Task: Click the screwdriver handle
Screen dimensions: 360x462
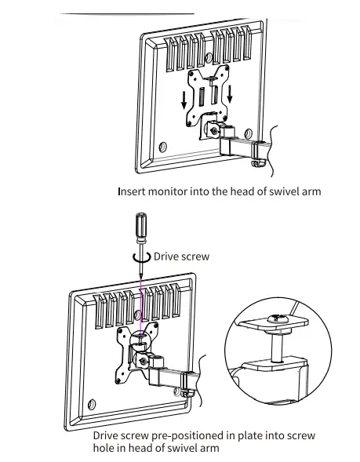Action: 141,225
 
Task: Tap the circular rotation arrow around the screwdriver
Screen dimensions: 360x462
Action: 142,258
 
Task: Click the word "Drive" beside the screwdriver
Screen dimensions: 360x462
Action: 165,256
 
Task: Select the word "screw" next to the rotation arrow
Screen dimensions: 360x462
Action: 195,257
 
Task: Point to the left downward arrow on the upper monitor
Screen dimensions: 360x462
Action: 184,100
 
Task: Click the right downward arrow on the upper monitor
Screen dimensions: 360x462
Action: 230,94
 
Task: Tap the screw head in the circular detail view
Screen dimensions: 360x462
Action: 276,318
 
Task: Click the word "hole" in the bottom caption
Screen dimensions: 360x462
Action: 104,448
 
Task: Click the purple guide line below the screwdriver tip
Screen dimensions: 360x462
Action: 141,307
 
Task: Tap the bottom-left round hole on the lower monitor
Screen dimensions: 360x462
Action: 92,404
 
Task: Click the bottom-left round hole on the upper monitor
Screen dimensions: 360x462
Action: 162,147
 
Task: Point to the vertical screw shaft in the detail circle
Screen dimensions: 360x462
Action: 277,347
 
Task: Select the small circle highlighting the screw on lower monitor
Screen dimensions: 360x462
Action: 140,341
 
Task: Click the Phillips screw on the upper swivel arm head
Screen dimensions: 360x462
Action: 214,131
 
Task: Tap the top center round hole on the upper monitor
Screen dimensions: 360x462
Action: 209,58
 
